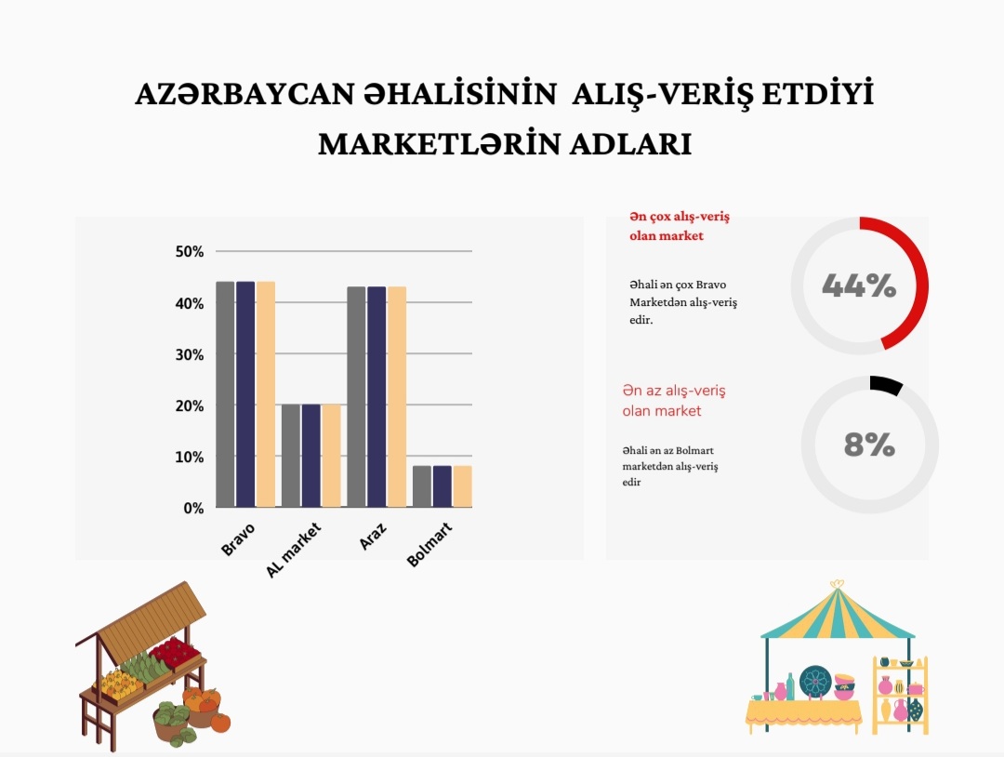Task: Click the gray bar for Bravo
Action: (225, 394)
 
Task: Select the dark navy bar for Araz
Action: (376, 397)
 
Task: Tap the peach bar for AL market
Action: (331, 456)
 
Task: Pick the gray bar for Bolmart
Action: (422, 486)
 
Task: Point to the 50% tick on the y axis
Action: (190, 252)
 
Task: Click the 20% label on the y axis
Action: (190, 406)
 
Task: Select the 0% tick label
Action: (193, 509)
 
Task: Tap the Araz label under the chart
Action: (373, 536)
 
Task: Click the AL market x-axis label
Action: (293, 551)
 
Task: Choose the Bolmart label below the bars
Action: (429, 544)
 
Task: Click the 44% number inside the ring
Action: (859, 286)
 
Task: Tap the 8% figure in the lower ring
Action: (869, 445)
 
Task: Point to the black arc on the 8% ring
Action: (887, 383)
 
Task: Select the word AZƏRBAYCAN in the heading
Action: (244, 94)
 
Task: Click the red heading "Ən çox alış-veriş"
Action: (680, 217)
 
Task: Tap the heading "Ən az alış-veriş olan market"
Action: (674, 400)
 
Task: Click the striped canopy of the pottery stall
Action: (838, 612)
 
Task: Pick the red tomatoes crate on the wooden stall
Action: (174, 651)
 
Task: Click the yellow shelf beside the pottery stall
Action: (900, 695)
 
